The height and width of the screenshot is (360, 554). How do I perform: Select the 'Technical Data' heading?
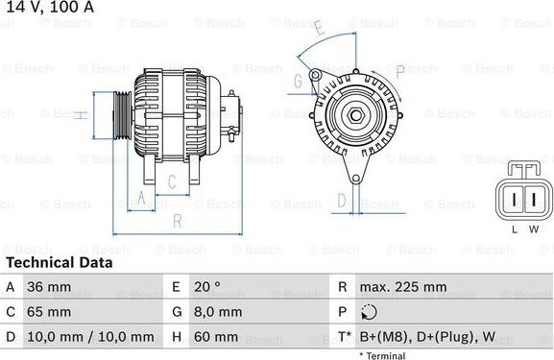pyautogui.click(x=59, y=262)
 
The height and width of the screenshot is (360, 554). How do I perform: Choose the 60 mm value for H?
pyautogui.click(x=215, y=337)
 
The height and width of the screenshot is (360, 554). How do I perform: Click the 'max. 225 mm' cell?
pyautogui.click(x=403, y=287)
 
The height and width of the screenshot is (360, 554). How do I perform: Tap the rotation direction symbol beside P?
pyautogui.click(x=372, y=312)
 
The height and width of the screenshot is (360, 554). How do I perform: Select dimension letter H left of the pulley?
pyautogui.click(x=84, y=115)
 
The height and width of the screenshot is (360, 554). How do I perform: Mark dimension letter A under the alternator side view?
pyautogui.click(x=141, y=199)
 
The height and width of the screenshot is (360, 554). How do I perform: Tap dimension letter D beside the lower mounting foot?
pyautogui.click(x=340, y=200)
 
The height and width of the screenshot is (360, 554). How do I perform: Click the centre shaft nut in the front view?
pyautogui.click(x=354, y=116)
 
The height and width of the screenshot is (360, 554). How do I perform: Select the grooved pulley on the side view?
pyautogui.click(x=121, y=114)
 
